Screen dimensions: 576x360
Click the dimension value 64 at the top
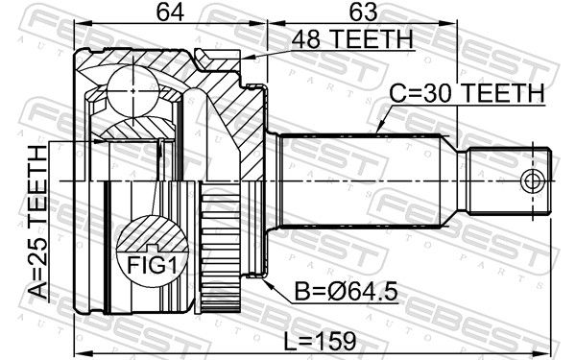pyautogui.click(x=170, y=12)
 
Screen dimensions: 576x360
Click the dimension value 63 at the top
pyautogui.click(x=363, y=12)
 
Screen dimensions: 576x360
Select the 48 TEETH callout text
pyautogui.click(x=352, y=39)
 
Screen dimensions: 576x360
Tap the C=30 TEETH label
pyautogui.click(x=467, y=93)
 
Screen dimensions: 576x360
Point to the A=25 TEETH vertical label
pyautogui.click(x=38, y=222)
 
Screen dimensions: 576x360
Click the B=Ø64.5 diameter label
pyautogui.click(x=347, y=292)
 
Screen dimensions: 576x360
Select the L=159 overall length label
pyautogui.click(x=320, y=341)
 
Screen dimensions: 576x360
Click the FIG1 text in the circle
pyautogui.click(x=152, y=264)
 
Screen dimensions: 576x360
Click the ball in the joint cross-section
pyautogui.click(x=133, y=90)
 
